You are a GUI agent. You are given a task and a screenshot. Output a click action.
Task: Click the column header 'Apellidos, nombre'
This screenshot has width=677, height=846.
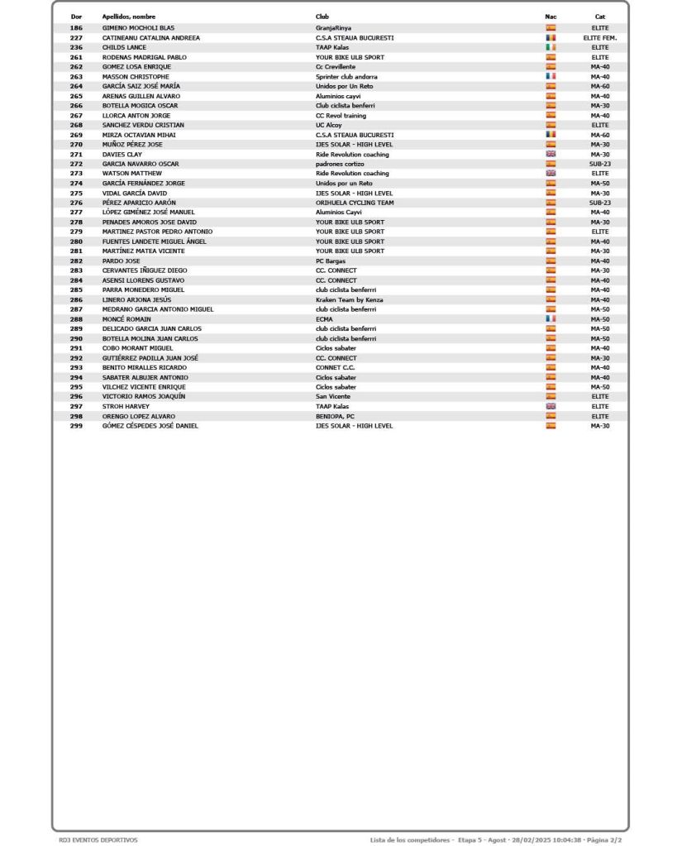point(128,17)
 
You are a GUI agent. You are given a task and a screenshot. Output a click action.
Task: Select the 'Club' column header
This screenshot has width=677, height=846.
point(322,17)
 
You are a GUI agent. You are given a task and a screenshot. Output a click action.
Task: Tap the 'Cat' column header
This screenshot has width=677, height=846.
point(599,17)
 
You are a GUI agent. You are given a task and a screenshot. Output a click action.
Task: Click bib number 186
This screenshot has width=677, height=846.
point(76,28)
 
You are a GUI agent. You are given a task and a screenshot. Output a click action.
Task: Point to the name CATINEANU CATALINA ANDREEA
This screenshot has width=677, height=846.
point(150,38)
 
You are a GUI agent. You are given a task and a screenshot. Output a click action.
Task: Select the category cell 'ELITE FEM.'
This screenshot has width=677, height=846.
point(599,38)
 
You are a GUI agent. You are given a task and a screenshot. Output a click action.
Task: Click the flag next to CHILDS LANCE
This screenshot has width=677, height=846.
point(551,47)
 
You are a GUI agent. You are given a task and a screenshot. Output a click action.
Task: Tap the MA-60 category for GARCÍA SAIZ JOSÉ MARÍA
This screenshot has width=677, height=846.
point(599,86)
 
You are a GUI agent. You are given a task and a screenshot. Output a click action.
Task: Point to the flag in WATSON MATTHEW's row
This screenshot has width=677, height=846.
point(551,174)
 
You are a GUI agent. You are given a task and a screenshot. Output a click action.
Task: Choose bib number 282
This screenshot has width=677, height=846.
point(76,260)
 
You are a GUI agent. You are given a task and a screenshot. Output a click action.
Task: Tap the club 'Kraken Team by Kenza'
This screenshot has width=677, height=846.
point(349,299)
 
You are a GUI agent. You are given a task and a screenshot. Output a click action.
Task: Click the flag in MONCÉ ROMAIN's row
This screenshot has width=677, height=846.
point(551,318)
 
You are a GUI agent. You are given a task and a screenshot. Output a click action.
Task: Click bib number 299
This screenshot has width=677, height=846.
point(76,426)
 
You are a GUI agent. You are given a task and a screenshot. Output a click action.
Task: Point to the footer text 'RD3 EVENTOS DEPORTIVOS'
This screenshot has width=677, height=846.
point(98,840)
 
